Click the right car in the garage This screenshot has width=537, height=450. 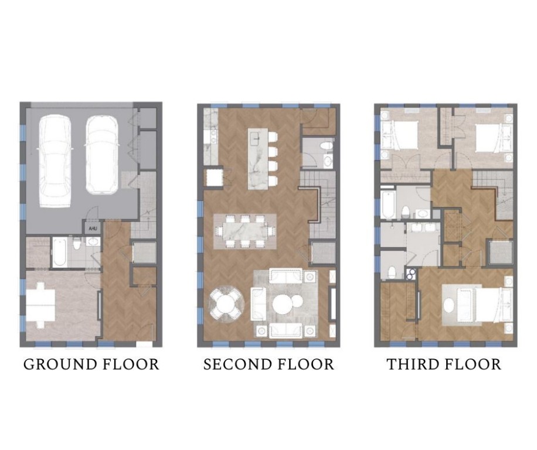point(102,154)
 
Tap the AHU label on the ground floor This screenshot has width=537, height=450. point(91,229)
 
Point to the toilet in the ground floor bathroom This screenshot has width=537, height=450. point(93,242)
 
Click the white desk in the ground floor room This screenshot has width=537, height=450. point(40,304)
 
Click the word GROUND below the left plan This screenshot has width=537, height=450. point(54,364)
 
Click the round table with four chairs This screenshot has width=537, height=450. point(225,303)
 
